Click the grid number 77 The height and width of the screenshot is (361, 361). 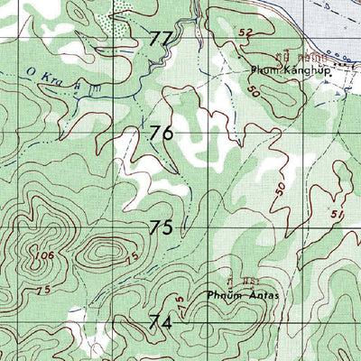162,39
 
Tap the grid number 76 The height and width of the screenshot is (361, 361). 162,134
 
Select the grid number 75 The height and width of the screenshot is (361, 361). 162,227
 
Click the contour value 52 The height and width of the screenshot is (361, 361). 245,33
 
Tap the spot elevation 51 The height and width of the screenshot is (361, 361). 338,214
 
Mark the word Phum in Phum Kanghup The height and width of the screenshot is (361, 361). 263,72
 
